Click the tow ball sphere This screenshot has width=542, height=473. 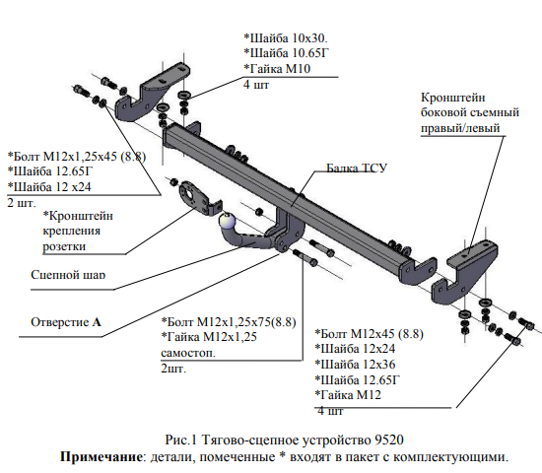click(227, 221)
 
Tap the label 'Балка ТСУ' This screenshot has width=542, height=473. click(357, 169)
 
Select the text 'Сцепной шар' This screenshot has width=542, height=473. click(68, 275)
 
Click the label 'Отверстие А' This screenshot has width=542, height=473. click(66, 322)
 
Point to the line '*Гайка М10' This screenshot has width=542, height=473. click(277, 68)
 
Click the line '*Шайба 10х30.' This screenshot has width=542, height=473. click(286, 37)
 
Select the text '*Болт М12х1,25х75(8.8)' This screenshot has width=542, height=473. click(229, 322)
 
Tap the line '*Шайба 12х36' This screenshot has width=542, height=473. click(355, 365)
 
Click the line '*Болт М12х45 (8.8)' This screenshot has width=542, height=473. click(369, 334)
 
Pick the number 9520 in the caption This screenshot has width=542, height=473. click(389, 439)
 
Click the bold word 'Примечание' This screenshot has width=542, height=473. click(101, 457)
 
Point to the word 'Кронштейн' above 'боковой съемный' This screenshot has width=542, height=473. click(453, 98)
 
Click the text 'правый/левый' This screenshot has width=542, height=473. click(460, 128)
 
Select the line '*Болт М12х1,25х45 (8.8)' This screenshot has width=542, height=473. click(77, 157)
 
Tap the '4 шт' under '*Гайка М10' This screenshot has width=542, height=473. click(256, 85)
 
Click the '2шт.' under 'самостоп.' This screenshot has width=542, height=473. click(173, 369)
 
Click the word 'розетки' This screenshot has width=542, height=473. click(64, 247)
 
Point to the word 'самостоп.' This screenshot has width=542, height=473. click(188, 353)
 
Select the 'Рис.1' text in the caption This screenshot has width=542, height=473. click(180, 439)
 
